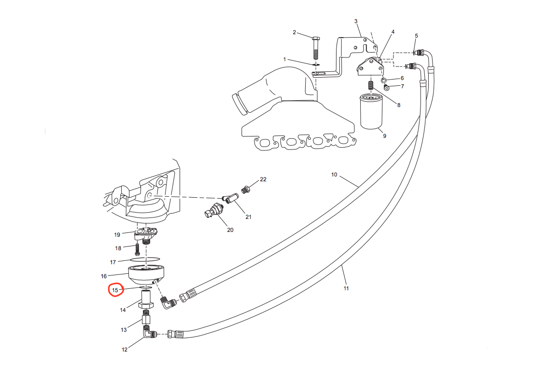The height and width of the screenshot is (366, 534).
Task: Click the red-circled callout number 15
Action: click(115, 290)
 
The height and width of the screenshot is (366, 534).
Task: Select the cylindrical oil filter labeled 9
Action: click(371, 112)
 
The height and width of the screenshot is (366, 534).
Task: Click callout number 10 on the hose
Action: click(334, 175)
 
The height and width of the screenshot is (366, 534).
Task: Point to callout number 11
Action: click(346, 288)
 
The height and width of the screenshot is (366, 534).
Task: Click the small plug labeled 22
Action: click(245, 189)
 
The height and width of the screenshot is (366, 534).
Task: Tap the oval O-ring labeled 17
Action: click(145, 260)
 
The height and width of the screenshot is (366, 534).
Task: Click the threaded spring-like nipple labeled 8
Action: click(371, 86)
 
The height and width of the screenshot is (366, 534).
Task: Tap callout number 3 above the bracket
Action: click(356, 21)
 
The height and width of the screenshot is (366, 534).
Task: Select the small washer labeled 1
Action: click(316, 64)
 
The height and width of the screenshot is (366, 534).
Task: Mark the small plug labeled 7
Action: click(387, 88)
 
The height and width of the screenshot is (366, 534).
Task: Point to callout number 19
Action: click(117, 235)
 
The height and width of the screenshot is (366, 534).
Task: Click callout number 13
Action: click(124, 330)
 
